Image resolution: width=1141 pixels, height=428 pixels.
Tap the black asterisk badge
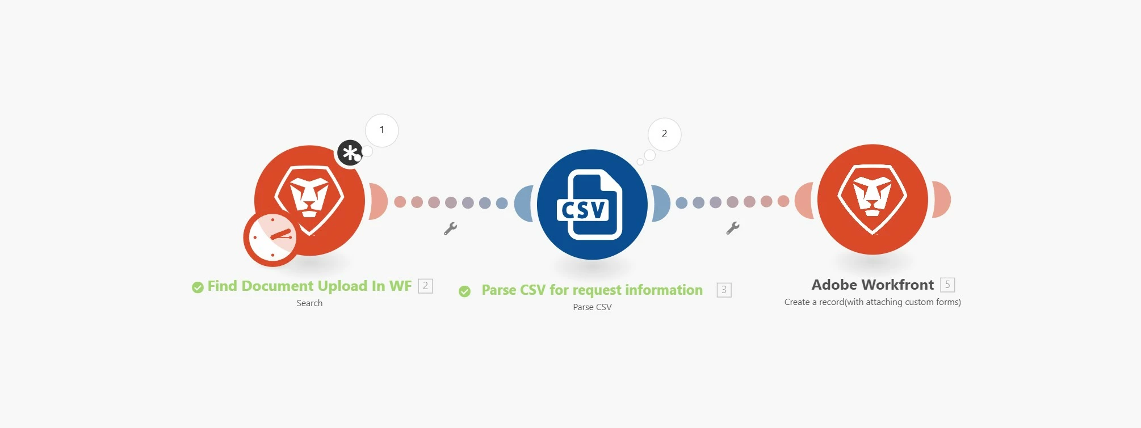[350, 153]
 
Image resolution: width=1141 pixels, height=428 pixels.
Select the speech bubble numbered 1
[382, 130]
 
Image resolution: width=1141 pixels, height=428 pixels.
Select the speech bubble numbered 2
[664, 134]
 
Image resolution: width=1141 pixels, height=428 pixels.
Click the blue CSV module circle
[592, 204]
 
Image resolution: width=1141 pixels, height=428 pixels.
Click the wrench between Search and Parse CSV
[450, 228]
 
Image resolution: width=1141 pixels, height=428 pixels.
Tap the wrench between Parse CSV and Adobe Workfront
[733, 228]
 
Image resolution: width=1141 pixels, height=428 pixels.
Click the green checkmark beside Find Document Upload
[198, 287]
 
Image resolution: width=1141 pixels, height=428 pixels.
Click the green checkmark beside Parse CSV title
[464, 291]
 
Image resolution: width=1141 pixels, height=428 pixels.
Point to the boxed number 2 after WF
[425, 286]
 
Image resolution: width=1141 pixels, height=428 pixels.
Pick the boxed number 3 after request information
[724, 290]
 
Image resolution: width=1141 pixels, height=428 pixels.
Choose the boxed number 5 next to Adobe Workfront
[947, 285]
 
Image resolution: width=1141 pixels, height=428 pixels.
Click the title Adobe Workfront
[872, 285]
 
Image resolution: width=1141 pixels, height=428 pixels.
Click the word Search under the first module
[309, 303]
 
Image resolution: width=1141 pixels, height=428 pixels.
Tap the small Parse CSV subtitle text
[592, 307]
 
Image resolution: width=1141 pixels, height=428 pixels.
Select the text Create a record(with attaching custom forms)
[872, 302]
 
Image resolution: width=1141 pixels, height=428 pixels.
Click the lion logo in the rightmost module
[872, 199]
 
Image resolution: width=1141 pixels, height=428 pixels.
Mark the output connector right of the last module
[941, 200]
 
